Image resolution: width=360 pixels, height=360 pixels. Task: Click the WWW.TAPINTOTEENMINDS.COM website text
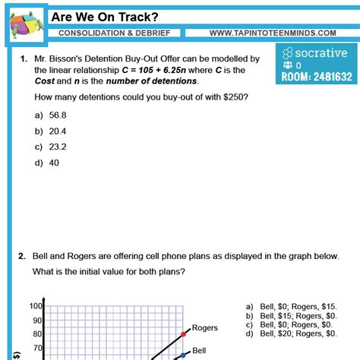point(272,33)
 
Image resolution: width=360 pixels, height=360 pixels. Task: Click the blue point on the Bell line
point(182,355)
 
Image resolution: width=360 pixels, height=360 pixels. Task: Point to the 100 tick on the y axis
point(36,306)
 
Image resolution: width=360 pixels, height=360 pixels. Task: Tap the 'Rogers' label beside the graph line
point(204,328)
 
